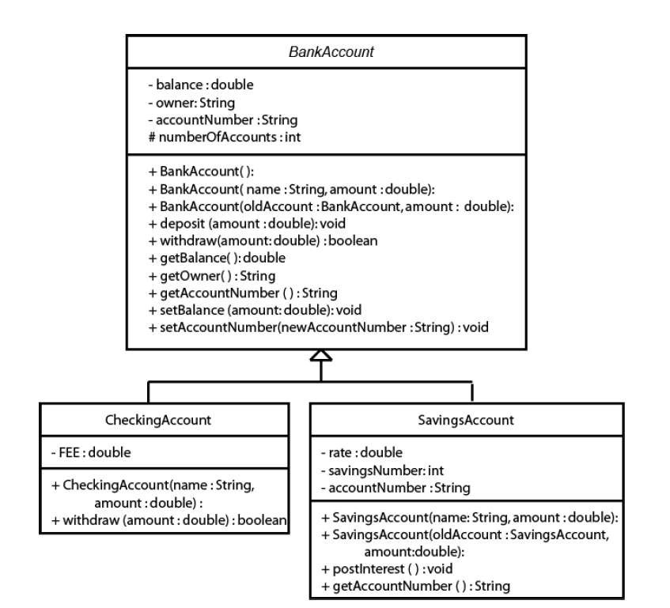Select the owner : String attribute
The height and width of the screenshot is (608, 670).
[191, 102]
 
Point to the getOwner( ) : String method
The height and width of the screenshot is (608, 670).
[211, 275]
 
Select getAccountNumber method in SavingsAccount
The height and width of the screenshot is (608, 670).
[415, 586]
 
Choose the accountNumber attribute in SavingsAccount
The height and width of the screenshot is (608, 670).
[395, 487]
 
